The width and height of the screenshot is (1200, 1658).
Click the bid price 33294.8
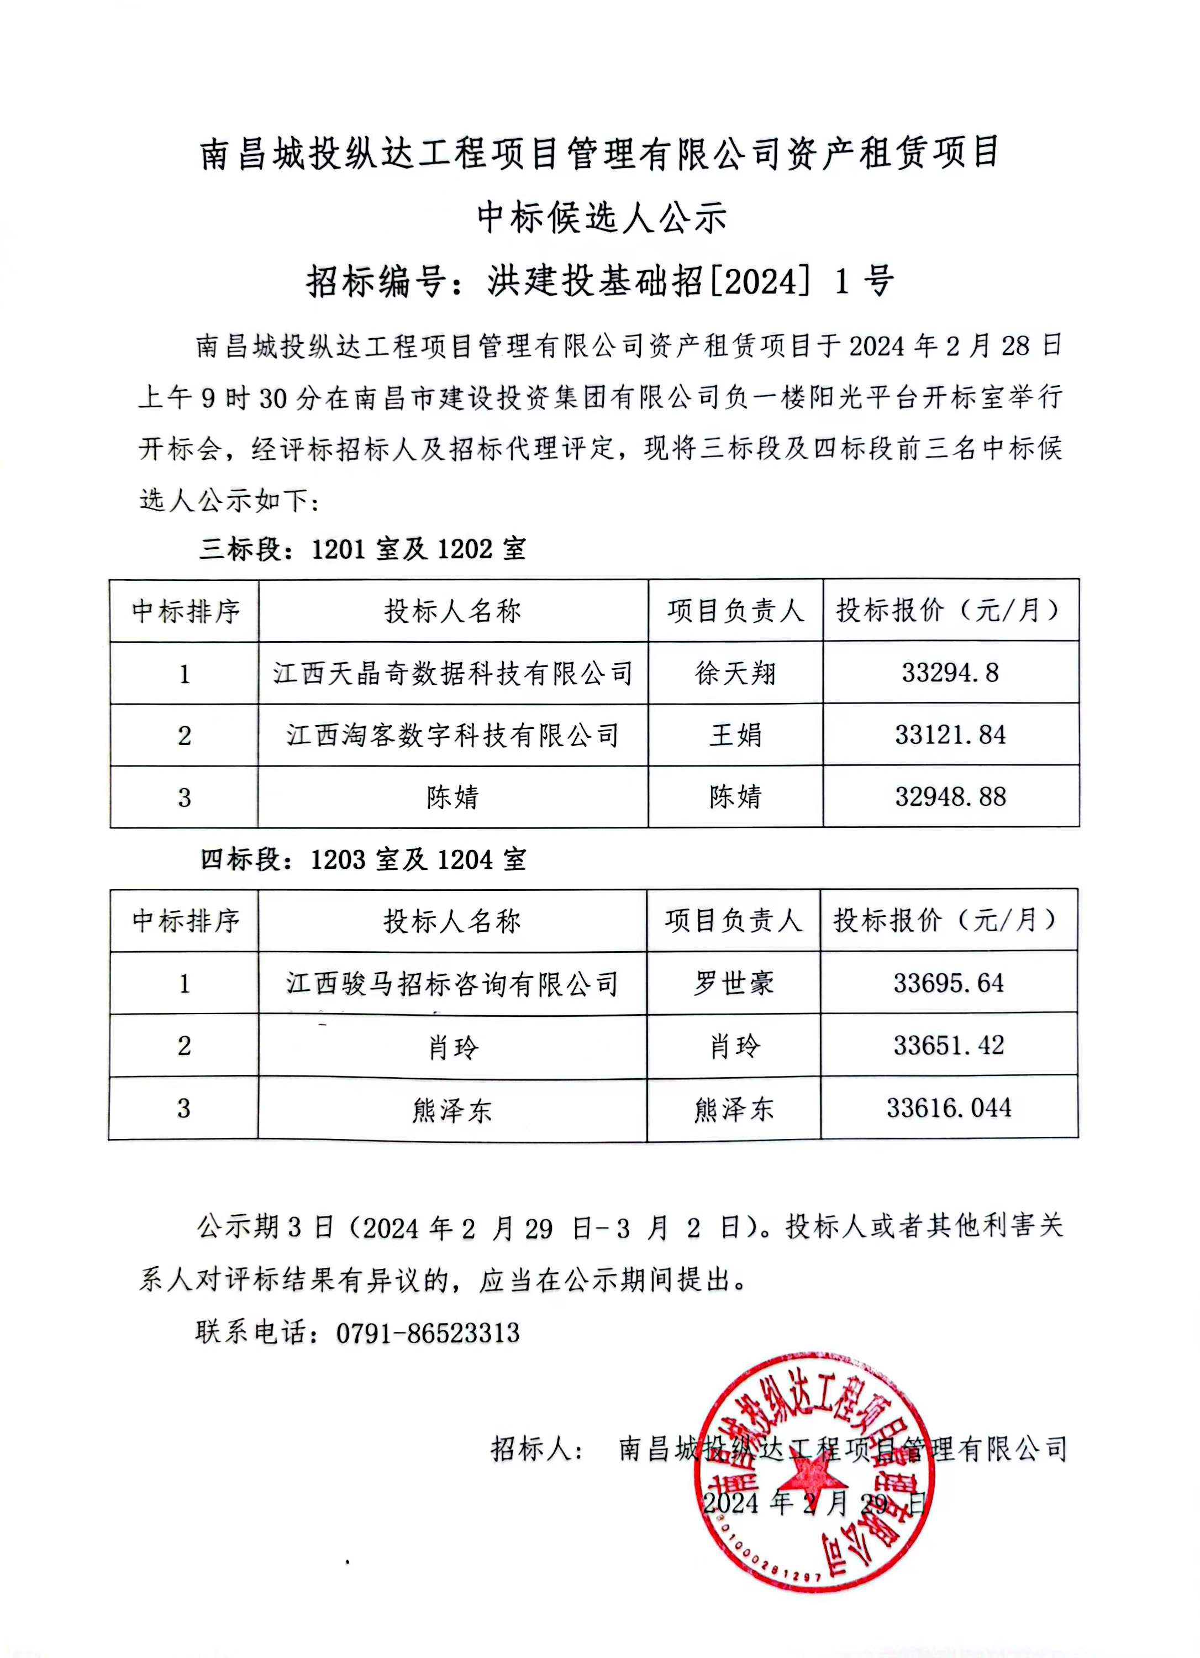pyautogui.click(x=950, y=673)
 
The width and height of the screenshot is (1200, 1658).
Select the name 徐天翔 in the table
pyautogui.click(x=735, y=673)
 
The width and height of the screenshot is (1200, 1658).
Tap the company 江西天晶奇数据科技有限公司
pyautogui.click(x=452, y=673)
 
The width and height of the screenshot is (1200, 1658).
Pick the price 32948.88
pyautogui.click(x=950, y=797)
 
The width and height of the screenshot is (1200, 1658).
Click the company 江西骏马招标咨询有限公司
pyautogui.click(x=452, y=984)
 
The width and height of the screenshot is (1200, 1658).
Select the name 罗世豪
pyautogui.click(x=733, y=983)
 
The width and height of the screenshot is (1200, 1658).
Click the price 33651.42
pyautogui.click(x=949, y=1046)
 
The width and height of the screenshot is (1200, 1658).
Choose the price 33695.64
pyautogui.click(x=949, y=983)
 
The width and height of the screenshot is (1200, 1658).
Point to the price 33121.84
pyautogui.click(x=950, y=734)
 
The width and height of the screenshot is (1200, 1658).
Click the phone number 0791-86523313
pyautogui.click(x=428, y=1332)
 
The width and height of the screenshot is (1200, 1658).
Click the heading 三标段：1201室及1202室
pyautogui.click(x=362, y=549)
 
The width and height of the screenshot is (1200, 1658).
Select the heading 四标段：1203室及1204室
pyautogui.click(x=362, y=860)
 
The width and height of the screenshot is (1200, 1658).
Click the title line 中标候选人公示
pyautogui.click(x=601, y=217)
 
